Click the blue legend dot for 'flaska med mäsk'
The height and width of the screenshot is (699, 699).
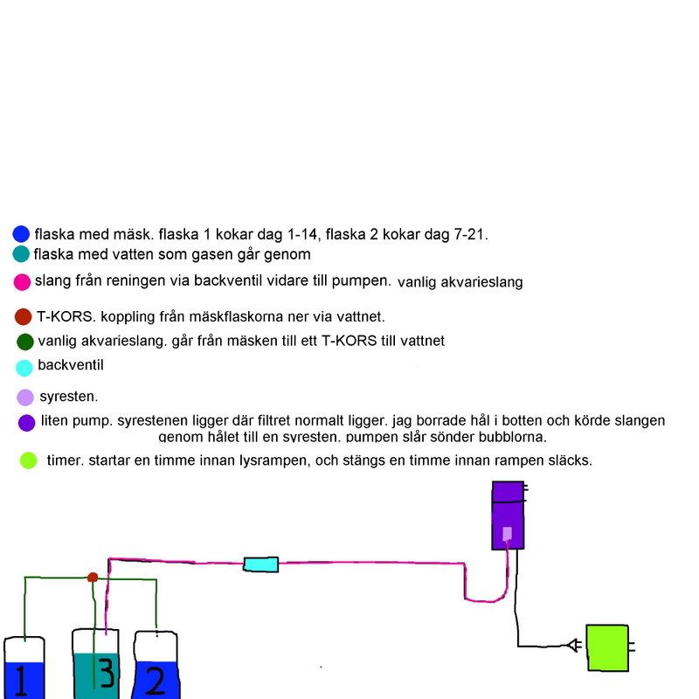22,234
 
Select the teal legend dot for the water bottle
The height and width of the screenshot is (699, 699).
22,254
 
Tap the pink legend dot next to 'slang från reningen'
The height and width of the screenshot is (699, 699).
23,281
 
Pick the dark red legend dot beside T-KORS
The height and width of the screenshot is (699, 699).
24,316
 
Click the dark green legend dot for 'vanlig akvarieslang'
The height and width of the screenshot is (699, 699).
24,342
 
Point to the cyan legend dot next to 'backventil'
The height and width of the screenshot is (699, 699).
24,368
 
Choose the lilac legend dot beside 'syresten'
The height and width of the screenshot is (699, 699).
25,397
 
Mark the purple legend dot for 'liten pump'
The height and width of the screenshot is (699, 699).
26,423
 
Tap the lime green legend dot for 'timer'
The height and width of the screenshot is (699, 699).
28,460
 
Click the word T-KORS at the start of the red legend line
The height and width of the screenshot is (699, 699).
59,316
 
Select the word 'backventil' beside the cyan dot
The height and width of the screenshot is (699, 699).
71,366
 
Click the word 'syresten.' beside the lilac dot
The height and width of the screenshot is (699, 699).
69,396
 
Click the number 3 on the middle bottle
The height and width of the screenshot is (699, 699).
105,674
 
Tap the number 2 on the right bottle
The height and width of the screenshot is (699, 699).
156,680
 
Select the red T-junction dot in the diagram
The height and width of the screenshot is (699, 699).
93,577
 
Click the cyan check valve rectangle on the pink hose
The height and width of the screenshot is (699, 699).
260,564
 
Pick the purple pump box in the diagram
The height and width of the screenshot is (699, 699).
507,516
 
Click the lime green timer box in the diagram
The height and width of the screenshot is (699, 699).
607,647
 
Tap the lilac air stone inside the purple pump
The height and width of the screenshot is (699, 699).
507,534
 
